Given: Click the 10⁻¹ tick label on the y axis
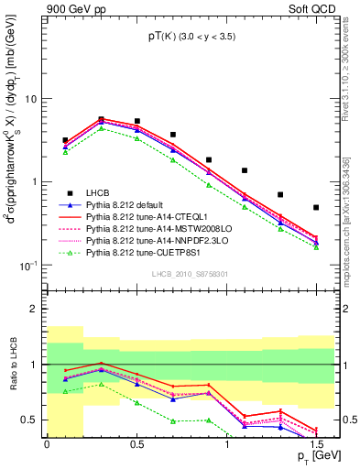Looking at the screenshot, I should pyautogui.click(x=27, y=266).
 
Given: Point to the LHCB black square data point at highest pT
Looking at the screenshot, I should pyautogui.click(x=316, y=208).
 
